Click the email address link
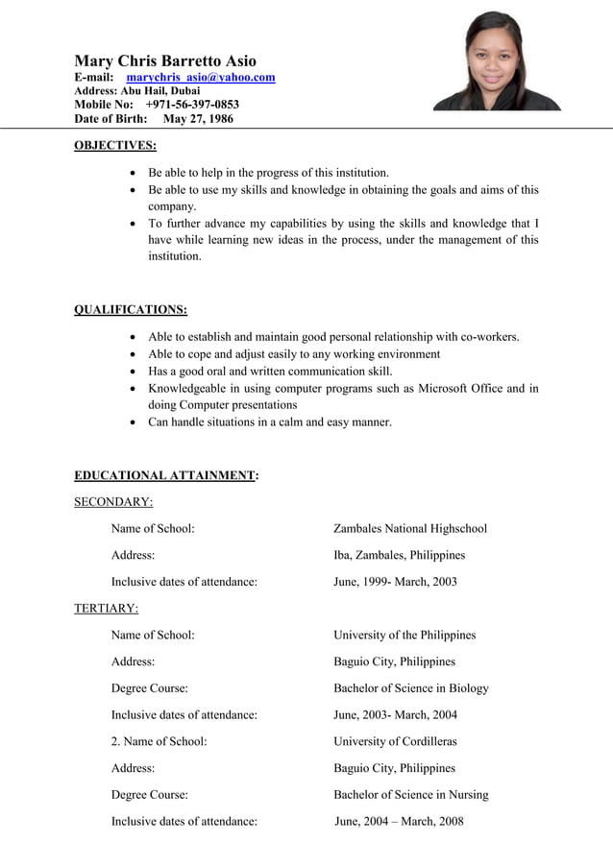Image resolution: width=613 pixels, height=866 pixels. point(201,77)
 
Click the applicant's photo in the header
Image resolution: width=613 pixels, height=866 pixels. point(497,61)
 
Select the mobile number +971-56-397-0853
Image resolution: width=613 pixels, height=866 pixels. point(192,105)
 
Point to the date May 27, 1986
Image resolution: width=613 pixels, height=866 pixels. point(198,119)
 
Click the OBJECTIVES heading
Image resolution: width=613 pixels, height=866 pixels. point(115,145)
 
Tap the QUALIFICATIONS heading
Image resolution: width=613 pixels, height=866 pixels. point(131,309)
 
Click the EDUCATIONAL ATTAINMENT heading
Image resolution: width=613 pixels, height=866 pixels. point(165,475)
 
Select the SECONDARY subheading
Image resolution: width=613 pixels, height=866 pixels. point(113,501)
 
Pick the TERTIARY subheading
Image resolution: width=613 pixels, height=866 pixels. point(106,608)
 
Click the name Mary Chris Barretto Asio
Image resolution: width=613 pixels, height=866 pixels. point(165,60)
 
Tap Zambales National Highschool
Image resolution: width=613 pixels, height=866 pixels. point(409,528)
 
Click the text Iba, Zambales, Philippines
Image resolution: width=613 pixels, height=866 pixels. point(399,555)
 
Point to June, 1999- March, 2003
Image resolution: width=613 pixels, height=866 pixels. point(395,582)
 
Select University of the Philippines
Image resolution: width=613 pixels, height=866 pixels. point(404,635)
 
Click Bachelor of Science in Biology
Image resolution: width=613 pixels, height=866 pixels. point(410,688)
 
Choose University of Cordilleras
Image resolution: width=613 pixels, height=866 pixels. point(395,741)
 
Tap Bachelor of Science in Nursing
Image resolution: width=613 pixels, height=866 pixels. point(410,795)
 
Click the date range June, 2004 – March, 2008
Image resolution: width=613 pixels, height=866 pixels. point(399,821)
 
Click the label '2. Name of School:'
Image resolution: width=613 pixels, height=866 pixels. point(159,741)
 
